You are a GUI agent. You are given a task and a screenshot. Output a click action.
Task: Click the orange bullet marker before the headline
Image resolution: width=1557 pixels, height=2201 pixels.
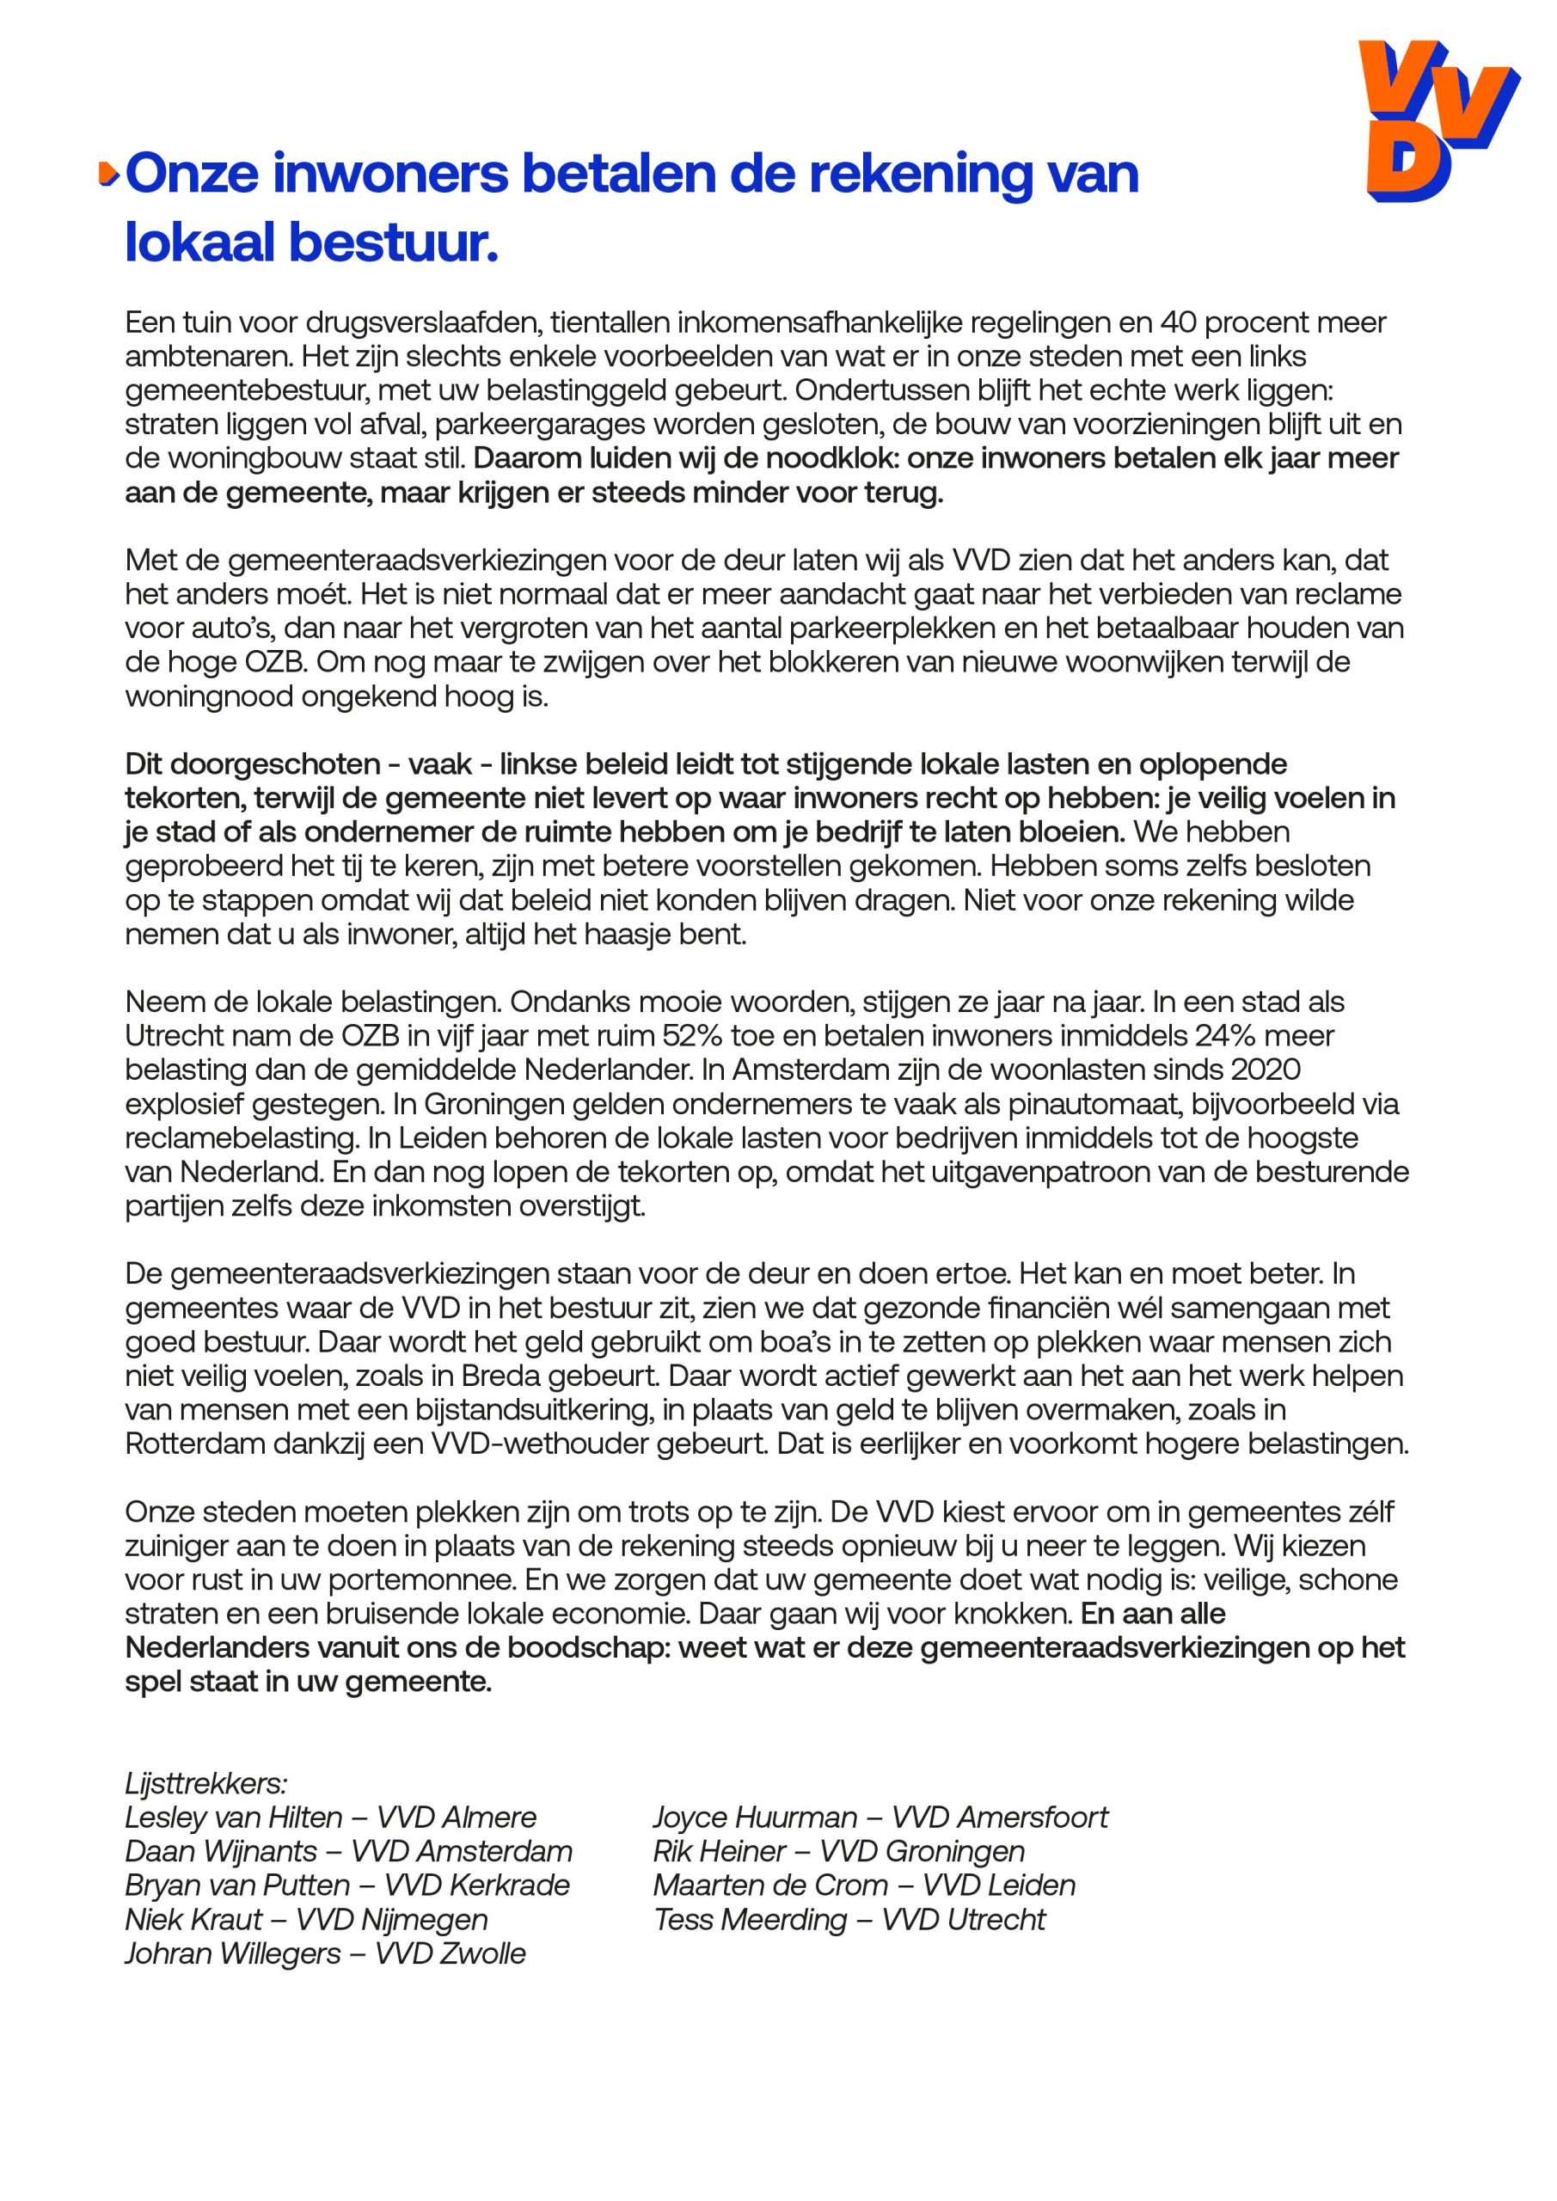[108, 175]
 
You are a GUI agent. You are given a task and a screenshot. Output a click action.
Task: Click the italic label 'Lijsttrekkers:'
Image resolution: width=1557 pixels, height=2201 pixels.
[206, 1784]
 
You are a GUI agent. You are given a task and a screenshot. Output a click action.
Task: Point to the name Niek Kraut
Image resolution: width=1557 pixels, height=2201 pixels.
[193, 1920]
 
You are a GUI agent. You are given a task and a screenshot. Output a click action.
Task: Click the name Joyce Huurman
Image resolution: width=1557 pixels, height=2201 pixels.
[756, 1818]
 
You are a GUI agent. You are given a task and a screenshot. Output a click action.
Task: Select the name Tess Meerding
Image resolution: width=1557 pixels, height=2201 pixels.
[751, 1920]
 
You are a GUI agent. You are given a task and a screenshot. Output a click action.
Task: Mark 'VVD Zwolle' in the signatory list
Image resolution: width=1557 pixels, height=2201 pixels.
[451, 1953]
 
